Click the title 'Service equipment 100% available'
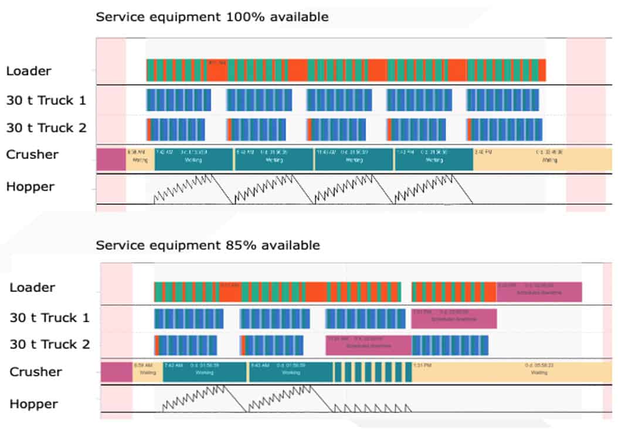click(x=212, y=17)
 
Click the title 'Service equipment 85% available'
click(x=208, y=245)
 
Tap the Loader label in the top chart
click(x=29, y=71)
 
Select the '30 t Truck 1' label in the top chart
click(x=46, y=100)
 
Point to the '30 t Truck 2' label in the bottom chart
click(x=50, y=344)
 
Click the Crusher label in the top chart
click(x=32, y=154)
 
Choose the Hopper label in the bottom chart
click(x=33, y=404)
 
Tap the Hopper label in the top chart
click(x=30, y=187)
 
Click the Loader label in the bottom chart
click(x=32, y=287)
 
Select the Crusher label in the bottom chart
click(x=36, y=372)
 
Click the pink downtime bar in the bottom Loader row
click(x=539, y=291)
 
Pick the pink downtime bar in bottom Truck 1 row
click(x=454, y=318)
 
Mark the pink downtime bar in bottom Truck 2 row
click(x=368, y=345)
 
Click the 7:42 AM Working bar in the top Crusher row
click(x=193, y=159)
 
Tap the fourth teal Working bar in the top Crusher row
click(x=433, y=159)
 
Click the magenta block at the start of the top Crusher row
click(x=111, y=159)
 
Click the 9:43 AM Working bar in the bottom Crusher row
click(x=291, y=372)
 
